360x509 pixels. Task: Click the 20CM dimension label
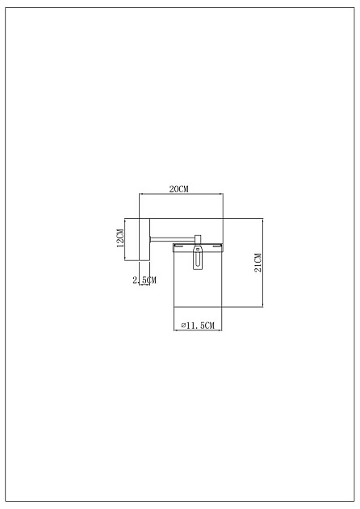coord(178,189)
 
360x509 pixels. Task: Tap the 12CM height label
coord(119,240)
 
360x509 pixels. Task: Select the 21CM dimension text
coord(257,263)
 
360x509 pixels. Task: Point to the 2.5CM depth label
coord(144,280)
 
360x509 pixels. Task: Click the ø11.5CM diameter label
coord(198,325)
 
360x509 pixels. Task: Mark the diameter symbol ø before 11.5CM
coord(184,325)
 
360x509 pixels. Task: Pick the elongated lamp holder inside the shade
coord(199,259)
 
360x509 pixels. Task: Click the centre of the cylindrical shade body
coord(199,279)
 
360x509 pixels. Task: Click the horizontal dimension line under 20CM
coord(181,195)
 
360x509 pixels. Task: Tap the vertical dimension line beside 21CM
coord(263,263)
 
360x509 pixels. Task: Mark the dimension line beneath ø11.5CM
coord(199,330)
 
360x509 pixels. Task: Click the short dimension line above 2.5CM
coord(143,274)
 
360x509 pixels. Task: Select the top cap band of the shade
coord(199,245)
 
